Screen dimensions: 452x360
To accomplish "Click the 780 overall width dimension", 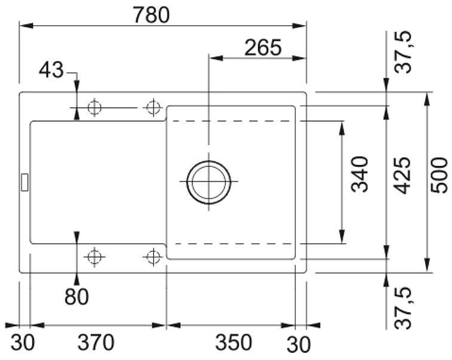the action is point(151,15).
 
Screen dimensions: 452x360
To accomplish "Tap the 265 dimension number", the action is point(263,48).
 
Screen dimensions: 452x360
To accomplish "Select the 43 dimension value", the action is point(51,70).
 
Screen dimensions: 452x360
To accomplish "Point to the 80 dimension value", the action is point(77,297).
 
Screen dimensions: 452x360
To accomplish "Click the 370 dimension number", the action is point(96,342).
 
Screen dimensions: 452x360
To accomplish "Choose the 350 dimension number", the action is point(234,342).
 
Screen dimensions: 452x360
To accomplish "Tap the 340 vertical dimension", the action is point(359,175).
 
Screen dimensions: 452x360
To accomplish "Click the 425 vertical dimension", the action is point(402,175).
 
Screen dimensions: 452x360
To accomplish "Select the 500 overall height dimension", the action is point(439,175).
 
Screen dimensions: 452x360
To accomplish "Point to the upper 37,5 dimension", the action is point(403,52).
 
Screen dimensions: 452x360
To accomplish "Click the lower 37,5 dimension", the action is point(403,308).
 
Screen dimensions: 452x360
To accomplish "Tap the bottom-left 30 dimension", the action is point(23,343).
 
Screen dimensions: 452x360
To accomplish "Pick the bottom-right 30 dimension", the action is point(299,344).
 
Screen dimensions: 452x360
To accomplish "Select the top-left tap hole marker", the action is point(94,108).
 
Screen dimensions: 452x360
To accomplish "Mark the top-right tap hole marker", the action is point(153,108).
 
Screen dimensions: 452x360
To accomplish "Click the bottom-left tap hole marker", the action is point(94,257).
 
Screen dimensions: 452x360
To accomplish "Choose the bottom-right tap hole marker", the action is point(153,257).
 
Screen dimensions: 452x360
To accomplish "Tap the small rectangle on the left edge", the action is point(25,182).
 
